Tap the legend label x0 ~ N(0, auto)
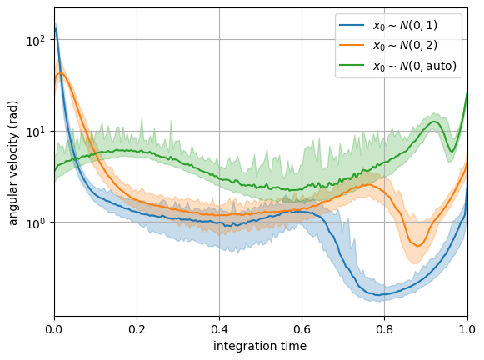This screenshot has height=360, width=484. pyautogui.click(x=415, y=66)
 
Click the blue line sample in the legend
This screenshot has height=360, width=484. pyautogui.click(x=352, y=25)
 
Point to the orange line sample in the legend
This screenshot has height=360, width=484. pyautogui.click(x=352, y=45)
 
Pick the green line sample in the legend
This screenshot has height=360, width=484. pyautogui.click(x=352, y=65)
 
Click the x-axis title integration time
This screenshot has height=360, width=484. pyautogui.click(x=260, y=346)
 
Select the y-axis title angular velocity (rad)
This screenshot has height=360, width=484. pyautogui.click(x=13, y=163)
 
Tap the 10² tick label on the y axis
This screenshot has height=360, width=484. pyautogui.click(x=36, y=41)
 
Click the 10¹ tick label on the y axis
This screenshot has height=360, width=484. pyautogui.click(x=36, y=132)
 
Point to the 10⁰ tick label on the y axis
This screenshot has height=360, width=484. pyautogui.click(x=36, y=222)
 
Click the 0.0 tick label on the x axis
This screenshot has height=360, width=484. pyautogui.click(x=54, y=329)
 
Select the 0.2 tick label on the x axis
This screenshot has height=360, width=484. pyautogui.click(x=137, y=329)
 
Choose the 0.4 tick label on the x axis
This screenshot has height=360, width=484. pyautogui.click(x=219, y=329)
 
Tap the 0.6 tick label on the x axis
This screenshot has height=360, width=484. pyautogui.click(x=302, y=329)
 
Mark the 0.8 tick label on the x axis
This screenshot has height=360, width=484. pyautogui.click(x=385, y=329)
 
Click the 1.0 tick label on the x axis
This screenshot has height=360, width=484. pyautogui.click(x=467, y=329)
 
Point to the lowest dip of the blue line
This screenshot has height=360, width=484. pyautogui.click(x=378, y=295)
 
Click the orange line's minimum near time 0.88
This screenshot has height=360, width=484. pyautogui.click(x=418, y=246)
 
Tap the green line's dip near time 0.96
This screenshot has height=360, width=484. pyautogui.click(x=452, y=152)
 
